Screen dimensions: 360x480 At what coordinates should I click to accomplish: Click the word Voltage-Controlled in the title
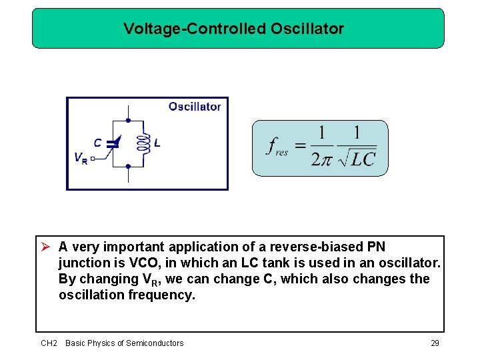coord(195,29)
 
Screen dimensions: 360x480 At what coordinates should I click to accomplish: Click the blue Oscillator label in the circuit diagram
coord(194,107)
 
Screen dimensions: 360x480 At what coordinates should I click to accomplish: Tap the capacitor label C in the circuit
coord(98,143)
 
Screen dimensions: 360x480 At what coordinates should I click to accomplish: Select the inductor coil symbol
coord(141,143)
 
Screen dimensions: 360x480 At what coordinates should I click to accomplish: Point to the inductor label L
coord(157,143)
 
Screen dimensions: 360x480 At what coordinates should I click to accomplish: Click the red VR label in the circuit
coord(80,159)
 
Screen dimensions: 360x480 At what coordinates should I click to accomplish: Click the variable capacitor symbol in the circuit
coord(113,144)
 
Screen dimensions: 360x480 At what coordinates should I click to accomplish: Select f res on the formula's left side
coord(277,147)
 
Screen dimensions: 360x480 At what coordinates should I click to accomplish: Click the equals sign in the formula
coord(301,145)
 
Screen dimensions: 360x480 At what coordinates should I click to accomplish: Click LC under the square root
coord(363,159)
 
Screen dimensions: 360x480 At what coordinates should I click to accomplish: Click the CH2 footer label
coord(49,343)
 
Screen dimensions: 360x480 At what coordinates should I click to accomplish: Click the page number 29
coord(435,343)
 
